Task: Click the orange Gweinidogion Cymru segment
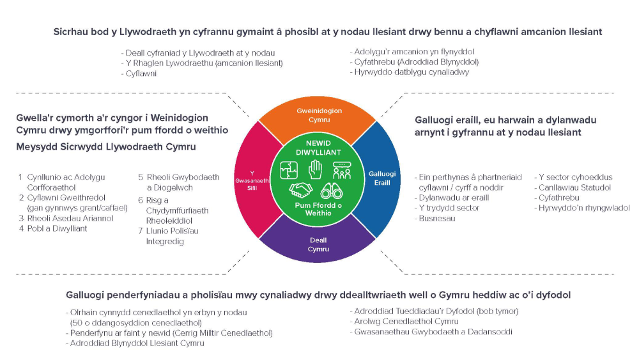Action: pos(318,115)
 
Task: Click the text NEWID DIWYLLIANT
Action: pos(318,148)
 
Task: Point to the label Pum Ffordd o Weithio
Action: pos(318,209)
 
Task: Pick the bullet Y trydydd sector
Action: pos(440,208)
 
